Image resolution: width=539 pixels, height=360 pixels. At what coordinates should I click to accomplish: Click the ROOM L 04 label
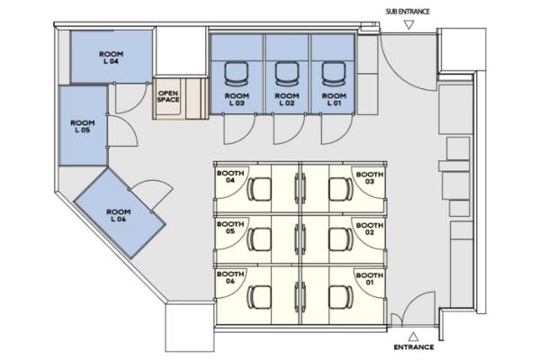[x=111, y=58]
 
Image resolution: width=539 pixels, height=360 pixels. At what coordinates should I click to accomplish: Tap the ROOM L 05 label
[x=83, y=127]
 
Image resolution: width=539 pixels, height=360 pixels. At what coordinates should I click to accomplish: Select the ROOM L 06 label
[x=118, y=215]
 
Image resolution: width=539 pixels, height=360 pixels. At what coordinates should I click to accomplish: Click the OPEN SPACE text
[x=168, y=96]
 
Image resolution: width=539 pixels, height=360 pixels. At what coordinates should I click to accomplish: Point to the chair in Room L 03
[x=237, y=74]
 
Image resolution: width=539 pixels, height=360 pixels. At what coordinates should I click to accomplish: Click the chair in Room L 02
[x=287, y=74]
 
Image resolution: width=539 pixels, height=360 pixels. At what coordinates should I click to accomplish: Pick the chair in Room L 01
[x=334, y=74]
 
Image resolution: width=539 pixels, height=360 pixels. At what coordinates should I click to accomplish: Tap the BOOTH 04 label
[x=230, y=176]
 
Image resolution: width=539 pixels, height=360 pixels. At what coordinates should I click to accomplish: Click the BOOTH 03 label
[x=370, y=178]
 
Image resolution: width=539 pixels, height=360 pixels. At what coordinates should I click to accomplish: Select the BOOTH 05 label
[x=230, y=228]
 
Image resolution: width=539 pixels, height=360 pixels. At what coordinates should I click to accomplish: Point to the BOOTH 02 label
[x=370, y=229]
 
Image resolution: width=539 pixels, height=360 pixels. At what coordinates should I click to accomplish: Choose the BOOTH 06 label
[x=230, y=277]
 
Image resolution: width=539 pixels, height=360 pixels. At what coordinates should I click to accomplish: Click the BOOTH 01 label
[x=370, y=279]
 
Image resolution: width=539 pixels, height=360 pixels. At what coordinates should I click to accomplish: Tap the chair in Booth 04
[x=259, y=189]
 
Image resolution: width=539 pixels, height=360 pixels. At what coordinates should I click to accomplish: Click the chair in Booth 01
[x=341, y=297]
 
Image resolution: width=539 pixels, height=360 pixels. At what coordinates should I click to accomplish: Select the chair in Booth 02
[x=341, y=239]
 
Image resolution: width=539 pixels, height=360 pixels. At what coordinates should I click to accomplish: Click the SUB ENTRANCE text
[x=408, y=12]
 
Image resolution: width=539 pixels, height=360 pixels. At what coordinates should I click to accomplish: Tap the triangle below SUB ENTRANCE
[x=409, y=25]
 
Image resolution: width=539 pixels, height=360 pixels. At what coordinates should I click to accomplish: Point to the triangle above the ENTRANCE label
[x=413, y=337]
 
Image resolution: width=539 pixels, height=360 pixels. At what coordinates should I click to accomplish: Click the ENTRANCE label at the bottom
[x=414, y=347]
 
